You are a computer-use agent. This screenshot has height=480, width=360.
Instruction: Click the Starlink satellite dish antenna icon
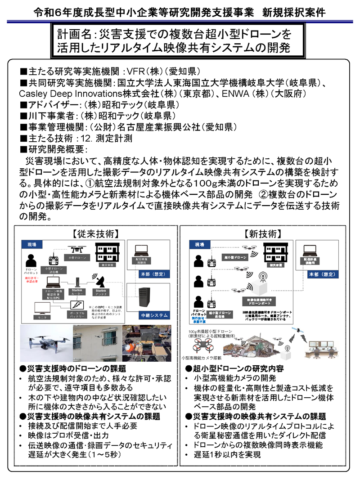pyautogui.click(x=98, y=281)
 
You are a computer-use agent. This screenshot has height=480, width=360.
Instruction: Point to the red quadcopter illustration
pyautogui.click(x=205, y=346)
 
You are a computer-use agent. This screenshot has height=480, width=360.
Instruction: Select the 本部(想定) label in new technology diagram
pyautogui.click(x=320, y=274)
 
